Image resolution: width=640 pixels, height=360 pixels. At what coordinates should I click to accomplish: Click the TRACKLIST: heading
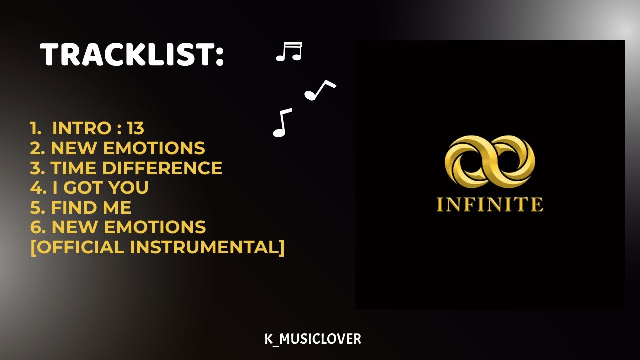[132, 54]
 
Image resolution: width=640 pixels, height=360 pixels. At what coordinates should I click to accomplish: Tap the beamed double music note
[289, 52]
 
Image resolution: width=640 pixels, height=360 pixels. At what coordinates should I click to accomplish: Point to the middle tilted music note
[319, 90]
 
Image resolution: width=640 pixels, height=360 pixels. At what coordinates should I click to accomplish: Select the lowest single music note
[282, 123]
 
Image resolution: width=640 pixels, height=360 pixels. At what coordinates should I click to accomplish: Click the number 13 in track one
[135, 128]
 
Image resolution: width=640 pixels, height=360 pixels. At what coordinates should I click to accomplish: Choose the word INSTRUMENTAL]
[208, 247]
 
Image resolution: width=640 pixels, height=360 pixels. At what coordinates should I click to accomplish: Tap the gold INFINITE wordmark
[490, 205]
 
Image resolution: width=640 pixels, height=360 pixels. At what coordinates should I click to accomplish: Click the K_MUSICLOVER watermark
[313, 339]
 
